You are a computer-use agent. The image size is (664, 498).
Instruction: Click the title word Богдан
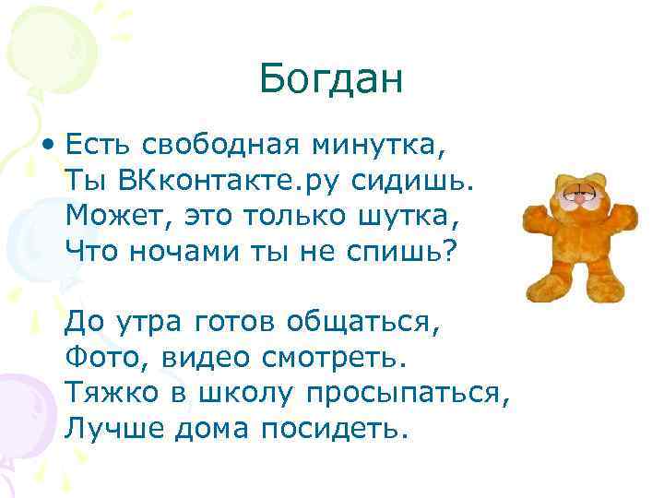point(331,78)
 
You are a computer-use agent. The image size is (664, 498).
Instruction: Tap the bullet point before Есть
point(47,145)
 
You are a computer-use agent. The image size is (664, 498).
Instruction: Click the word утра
point(146,323)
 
